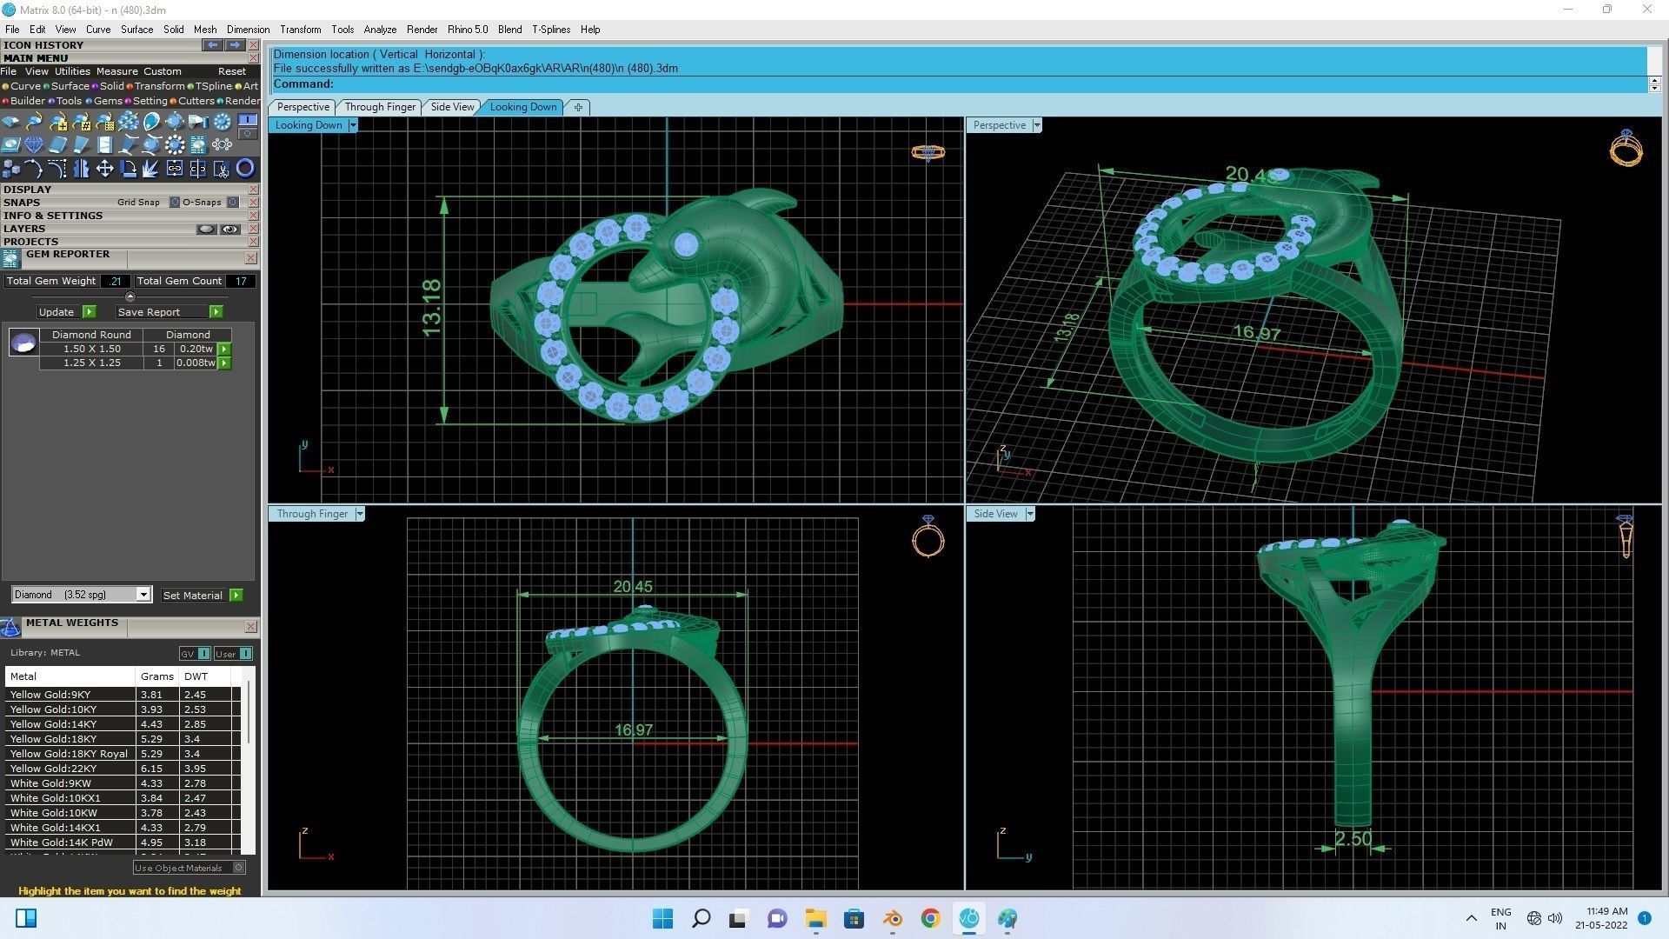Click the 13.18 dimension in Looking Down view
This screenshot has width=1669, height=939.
click(x=431, y=308)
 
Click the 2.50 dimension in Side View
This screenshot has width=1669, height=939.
click(x=1353, y=839)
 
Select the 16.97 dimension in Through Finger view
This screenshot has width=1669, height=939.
click(x=633, y=730)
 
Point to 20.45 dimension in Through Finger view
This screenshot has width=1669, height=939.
click(x=632, y=587)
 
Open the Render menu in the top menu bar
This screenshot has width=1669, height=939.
click(x=422, y=30)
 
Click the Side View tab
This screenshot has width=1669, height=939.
click(x=452, y=107)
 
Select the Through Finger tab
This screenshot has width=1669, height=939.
click(x=380, y=107)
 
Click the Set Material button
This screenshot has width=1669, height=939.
click(x=193, y=596)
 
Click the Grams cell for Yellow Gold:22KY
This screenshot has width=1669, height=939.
click(x=152, y=769)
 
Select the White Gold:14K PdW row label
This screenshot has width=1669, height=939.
click(x=61, y=842)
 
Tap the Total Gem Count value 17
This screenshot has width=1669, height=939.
click(x=241, y=281)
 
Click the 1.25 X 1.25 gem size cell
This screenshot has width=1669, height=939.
click(x=91, y=363)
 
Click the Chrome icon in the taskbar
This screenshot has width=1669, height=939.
click(x=930, y=918)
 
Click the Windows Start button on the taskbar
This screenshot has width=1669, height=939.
click(x=662, y=918)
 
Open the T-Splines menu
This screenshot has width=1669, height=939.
click(x=551, y=30)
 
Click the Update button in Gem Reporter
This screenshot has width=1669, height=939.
click(x=57, y=312)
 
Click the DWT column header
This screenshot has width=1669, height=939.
click(x=196, y=676)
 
